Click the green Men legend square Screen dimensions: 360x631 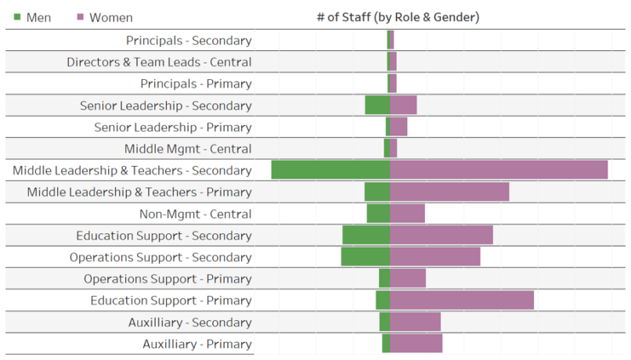click(x=17, y=17)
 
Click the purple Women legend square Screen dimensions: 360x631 click(x=81, y=17)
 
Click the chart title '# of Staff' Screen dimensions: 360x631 click(x=398, y=16)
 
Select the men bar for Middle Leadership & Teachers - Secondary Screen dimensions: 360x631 click(x=330, y=170)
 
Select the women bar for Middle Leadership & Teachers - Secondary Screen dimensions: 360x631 click(x=499, y=170)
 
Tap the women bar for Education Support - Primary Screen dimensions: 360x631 click(x=462, y=301)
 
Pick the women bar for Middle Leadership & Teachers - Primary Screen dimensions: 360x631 click(x=449, y=192)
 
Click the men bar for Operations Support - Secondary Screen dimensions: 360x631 click(x=366, y=257)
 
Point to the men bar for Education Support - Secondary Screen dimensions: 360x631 click(x=366, y=236)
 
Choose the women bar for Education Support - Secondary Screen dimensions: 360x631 click(x=442, y=236)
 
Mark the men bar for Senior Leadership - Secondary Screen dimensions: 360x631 click(x=377, y=105)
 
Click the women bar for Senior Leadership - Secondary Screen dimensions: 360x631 click(x=403, y=105)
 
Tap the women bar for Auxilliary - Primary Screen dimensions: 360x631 click(x=416, y=344)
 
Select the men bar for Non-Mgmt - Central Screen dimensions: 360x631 click(x=378, y=214)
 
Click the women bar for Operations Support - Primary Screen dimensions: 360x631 click(x=408, y=279)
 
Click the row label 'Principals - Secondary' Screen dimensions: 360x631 click(x=189, y=41)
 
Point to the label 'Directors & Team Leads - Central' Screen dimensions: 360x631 click(x=159, y=62)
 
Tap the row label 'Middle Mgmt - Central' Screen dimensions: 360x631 click(x=188, y=149)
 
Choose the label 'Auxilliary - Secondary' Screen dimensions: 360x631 click(x=189, y=322)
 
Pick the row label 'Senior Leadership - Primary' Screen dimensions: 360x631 click(x=173, y=127)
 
